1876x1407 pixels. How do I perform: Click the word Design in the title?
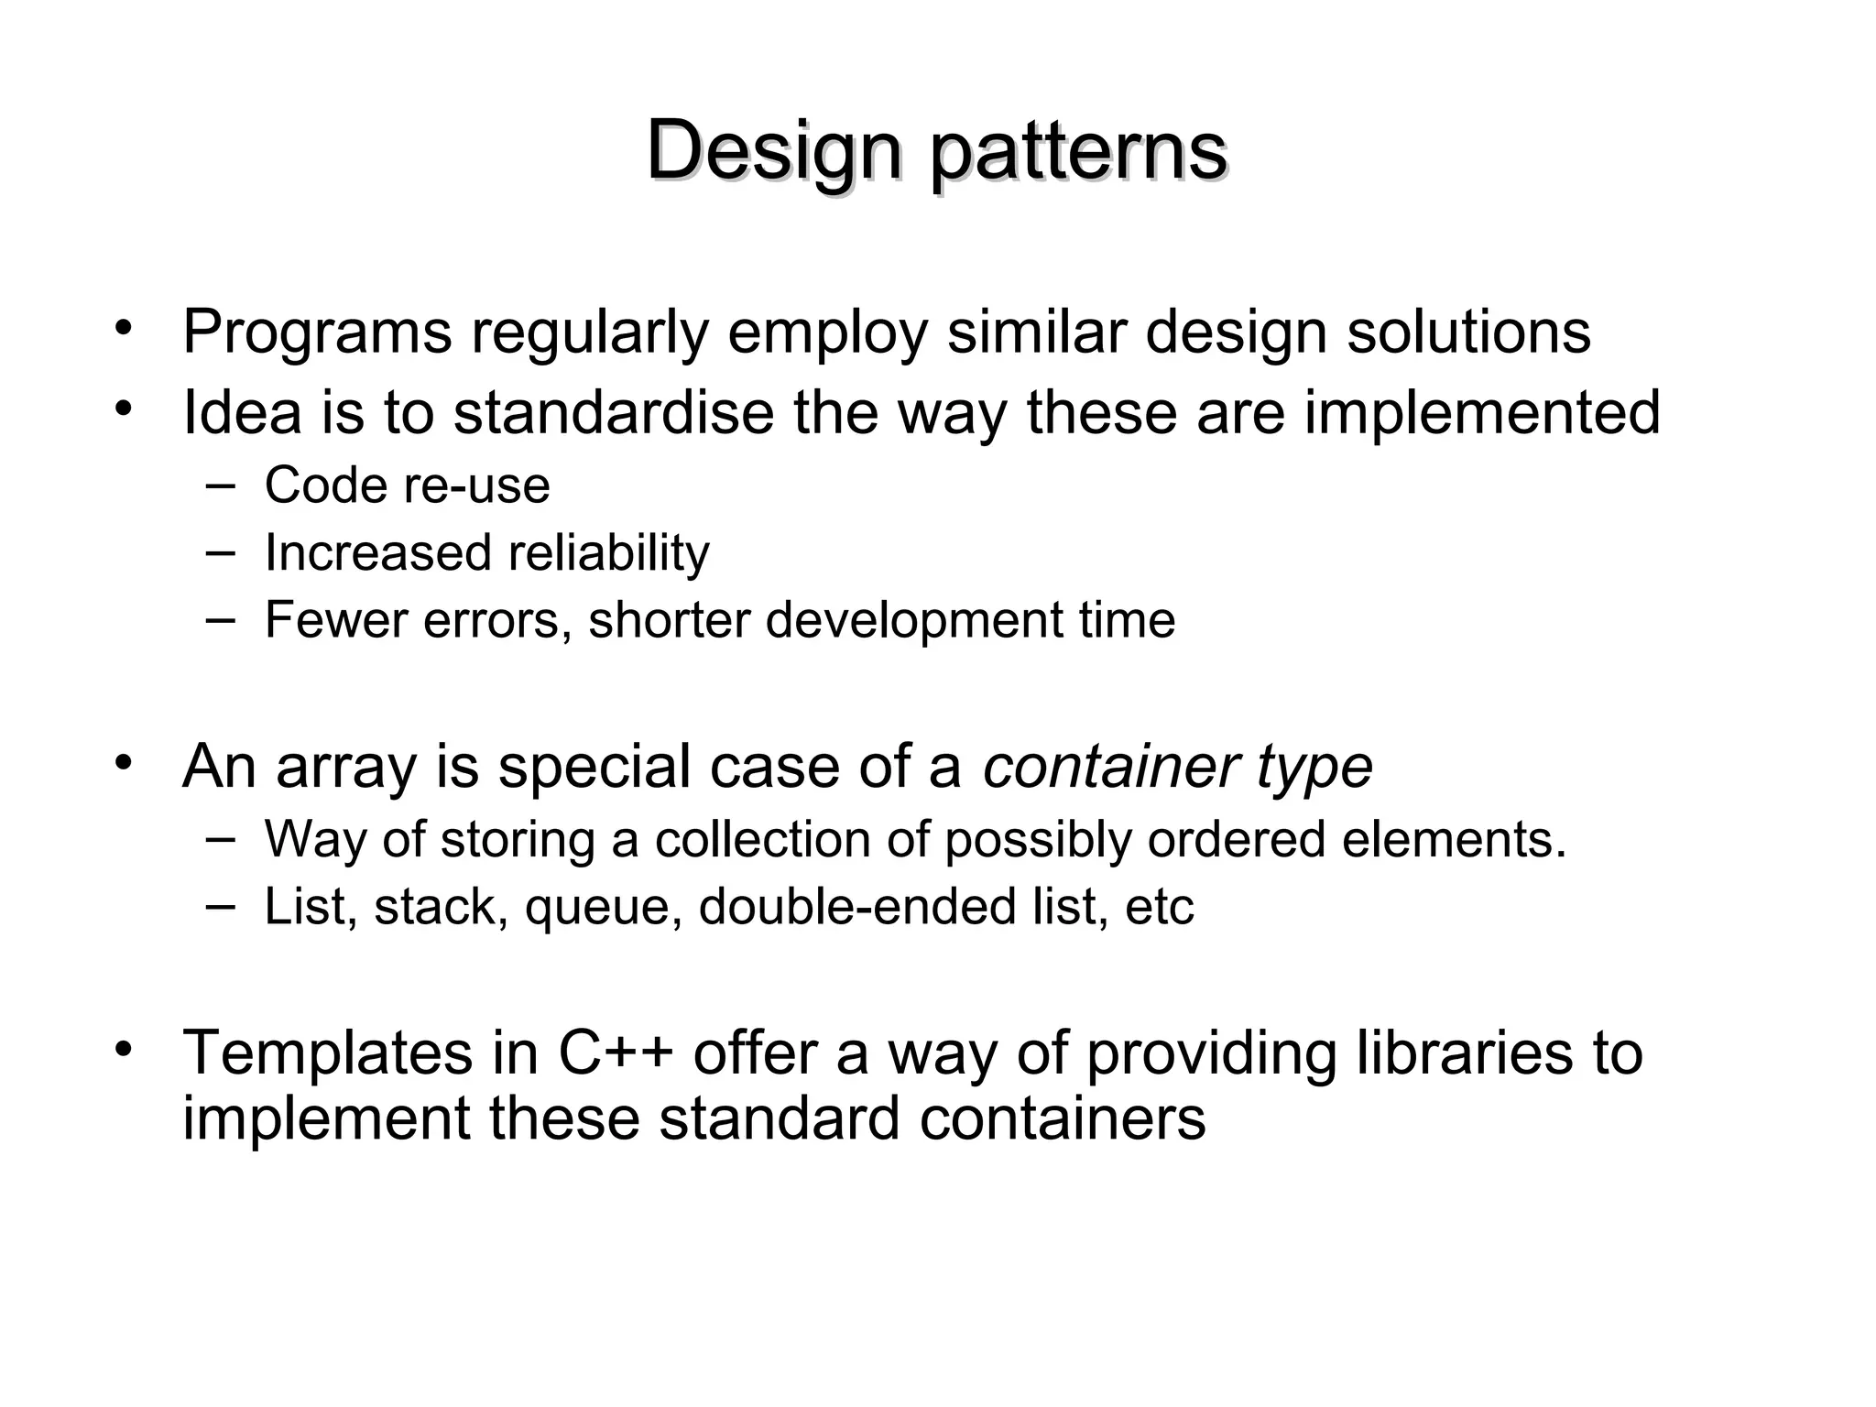(x=774, y=150)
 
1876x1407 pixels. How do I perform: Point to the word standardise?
(x=614, y=412)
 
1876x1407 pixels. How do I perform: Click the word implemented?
(x=1481, y=412)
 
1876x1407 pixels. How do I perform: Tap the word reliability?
(x=608, y=552)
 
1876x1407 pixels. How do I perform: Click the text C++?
(x=616, y=1053)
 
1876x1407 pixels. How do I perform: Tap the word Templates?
(x=327, y=1053)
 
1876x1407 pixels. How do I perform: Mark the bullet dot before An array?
(x=125, y=762)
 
